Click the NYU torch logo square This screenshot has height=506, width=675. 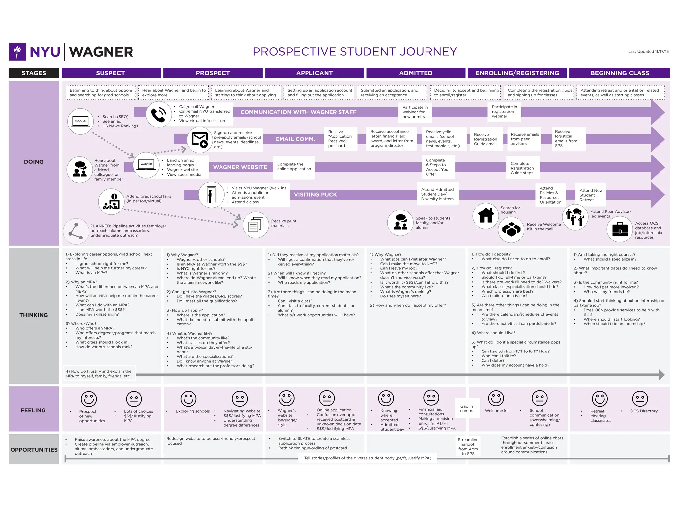click(17, 52)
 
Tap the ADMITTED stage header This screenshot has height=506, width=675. click(416, 73)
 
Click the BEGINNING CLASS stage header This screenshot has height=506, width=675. click(619, 73)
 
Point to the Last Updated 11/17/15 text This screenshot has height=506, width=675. click(648, 52)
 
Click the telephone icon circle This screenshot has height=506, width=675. click(159, 114)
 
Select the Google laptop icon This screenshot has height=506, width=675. click(80, 121)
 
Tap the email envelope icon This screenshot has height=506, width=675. click(200, 140)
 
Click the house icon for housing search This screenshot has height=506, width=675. click(485, 215)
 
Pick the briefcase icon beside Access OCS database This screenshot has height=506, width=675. click(620, 229)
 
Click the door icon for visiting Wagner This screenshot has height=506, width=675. click(211, 194)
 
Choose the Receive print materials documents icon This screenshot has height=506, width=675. click(256, 225)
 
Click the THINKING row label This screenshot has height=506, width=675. click(34, 315)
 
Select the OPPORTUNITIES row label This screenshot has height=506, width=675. click(34, 450)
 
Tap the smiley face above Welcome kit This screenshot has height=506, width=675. click(496, 398)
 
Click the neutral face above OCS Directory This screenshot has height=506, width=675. click(640, 399)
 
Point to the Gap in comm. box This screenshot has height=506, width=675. click(466, 408)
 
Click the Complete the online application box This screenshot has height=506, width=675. click(294, 167)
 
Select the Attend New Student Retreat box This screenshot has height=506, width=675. click(590, 195)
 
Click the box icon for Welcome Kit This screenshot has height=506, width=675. click(511, 230)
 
